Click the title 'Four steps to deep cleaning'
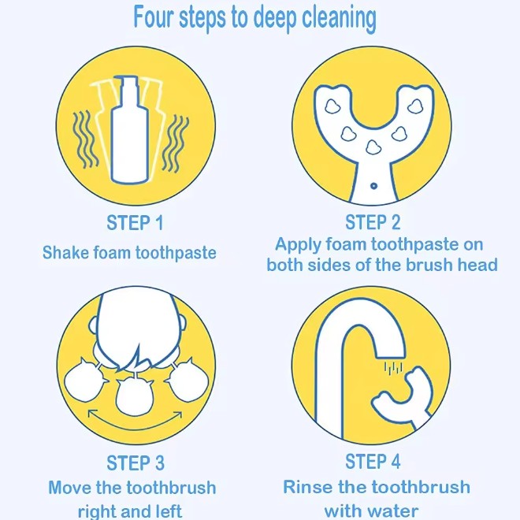click(x=254, y=18)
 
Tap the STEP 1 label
click(x=135, y=222)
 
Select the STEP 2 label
click(x=373, y=222)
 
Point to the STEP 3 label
click(x=136, y=462)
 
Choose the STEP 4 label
click(x=373, y=461)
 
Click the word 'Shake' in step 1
click(x=65, y=252)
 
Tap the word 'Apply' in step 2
click(x=298, y=245)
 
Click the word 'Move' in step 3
click(x=69, y=488)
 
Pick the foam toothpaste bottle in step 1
click(x=129, y=130)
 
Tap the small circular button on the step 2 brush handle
click(x=373, y=186)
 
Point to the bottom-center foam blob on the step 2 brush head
click(x=373, y=147)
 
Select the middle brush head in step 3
click(x=134, y=396)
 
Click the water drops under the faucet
click(x=393, y=368)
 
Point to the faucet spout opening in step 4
click(x=390, y=356)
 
